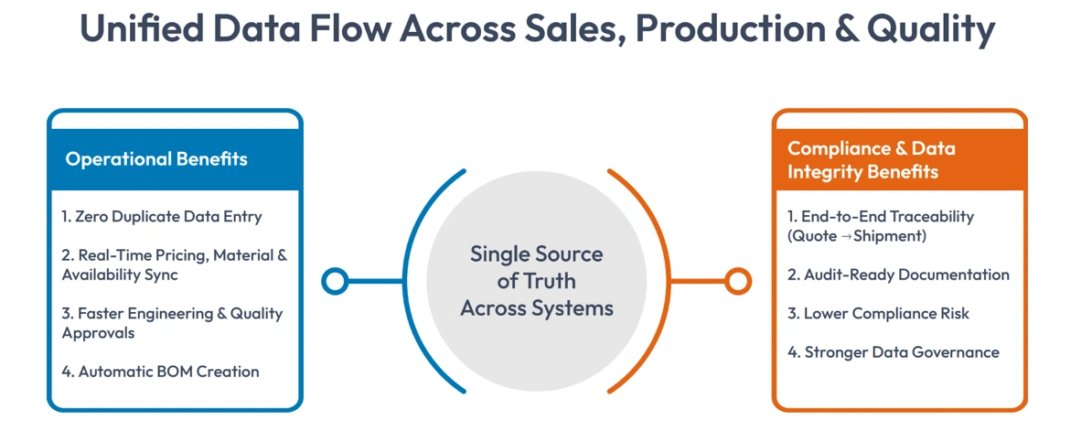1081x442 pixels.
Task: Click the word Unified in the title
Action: pyautogui.click(x=135, y=29)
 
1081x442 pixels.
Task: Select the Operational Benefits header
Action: pyautogui.click(x=156, y=159)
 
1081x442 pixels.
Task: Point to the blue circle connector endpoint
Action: pyautogui.click(x=336, y=281)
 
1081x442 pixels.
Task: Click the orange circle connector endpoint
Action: pyautogui.click(x=738, y=281)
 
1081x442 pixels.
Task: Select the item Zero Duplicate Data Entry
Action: pyautogui.click(x=162, y=217)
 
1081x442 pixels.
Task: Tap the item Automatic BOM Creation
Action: pyautogui.click(x=160, y=372)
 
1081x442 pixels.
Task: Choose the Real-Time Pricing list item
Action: pyautogui.click(x=174, y=264)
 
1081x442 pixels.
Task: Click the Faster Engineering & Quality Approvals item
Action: pyautogui.click(x=172, y=323)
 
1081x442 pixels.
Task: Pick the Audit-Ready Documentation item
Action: pyautogui.click(x=898, y=275)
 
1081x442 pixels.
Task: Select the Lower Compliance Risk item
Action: pyautogui.click(x=878, y=313)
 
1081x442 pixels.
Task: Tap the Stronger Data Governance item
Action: pyautogui.click(x=894, y=352)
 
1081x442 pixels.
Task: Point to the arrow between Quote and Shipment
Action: pyautogui.click(x=843, y=237)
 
